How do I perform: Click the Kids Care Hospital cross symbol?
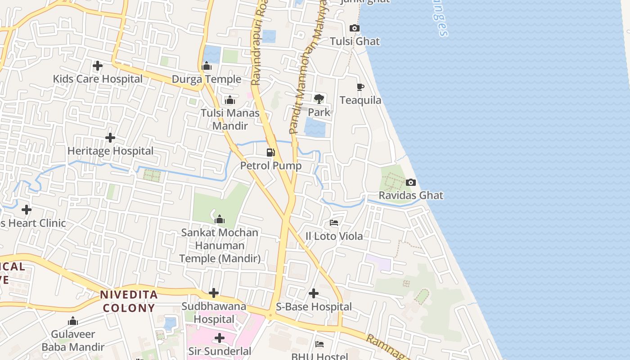tap(97, 66)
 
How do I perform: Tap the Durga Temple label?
tap(207, 80)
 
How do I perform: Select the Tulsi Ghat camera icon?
tap(355, 28)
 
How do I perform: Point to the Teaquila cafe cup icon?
tap(360, 87)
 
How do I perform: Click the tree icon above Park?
tap(319, 99)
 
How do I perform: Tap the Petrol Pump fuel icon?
tap(270, 152)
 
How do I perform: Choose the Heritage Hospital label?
tap(110, 151)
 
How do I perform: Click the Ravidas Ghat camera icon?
tap(410, 182)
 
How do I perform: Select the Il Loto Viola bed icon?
tap(334, 222)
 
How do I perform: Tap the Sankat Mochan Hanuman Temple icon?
tap(220, 219)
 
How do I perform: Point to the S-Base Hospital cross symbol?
tap(314, 293)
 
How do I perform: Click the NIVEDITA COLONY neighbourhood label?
tap(129, 301)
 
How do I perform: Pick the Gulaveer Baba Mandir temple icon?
tap(73, 321)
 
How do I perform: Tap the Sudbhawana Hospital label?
tap(214, 313)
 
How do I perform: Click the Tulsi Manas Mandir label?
tap(230, 119)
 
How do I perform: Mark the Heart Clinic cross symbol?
tap(27, 209)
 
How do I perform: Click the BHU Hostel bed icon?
tap(319, 344)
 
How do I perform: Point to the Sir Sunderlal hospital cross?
tap(220, 337)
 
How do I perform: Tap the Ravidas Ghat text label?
tap(411, 196)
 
